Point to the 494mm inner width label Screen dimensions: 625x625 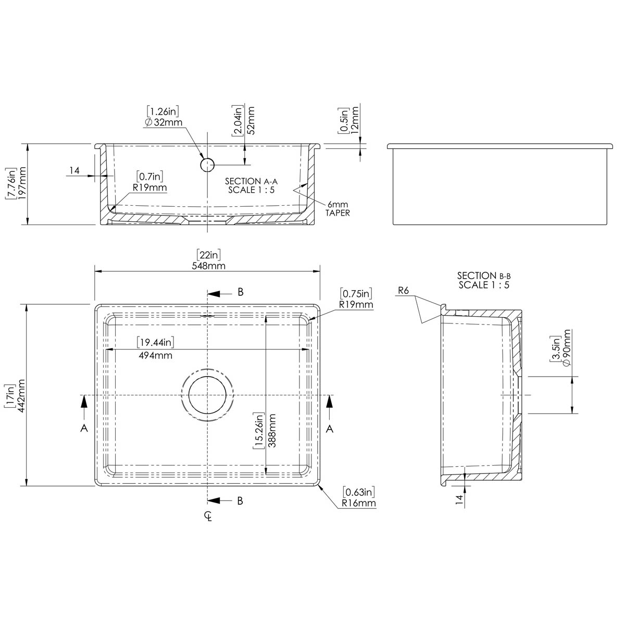[x=155, y=356]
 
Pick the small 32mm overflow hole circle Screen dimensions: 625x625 [x=207, y=165]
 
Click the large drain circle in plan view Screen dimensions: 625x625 [x=207, y=395]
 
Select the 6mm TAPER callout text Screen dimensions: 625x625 [x=338, y=208]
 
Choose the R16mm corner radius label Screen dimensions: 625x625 [x=359, y=504]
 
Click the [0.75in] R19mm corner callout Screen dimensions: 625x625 [x=356, y=299]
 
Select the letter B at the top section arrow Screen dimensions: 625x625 [x=240, y=292]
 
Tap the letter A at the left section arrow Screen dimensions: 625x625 [x=84, y=428]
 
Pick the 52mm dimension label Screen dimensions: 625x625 [x=251, y=120]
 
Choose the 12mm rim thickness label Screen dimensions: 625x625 [x=355, y=120]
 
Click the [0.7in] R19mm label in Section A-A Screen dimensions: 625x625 [x=151, y=182]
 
